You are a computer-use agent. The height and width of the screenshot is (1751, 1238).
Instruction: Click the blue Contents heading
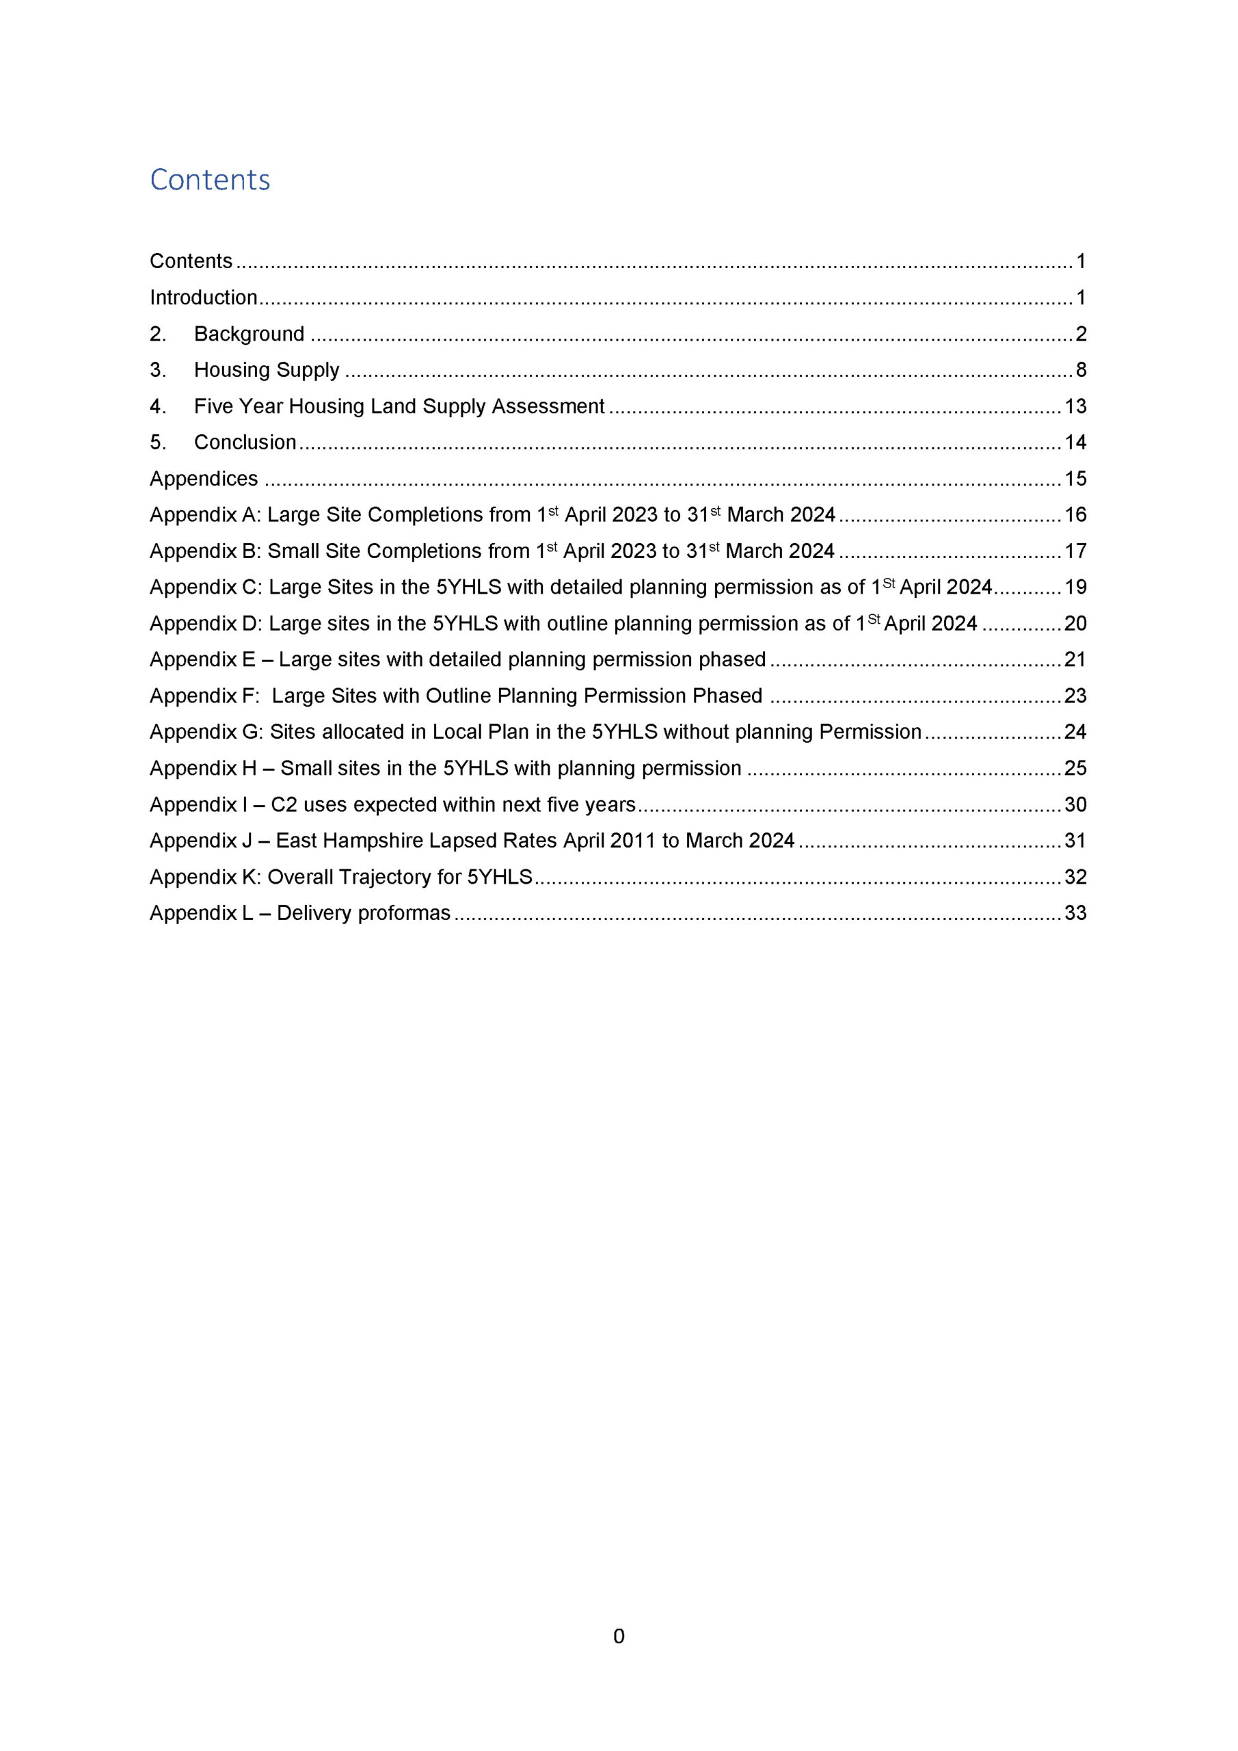coord(210,180)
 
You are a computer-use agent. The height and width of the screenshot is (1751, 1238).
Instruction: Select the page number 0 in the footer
coord(618,1636)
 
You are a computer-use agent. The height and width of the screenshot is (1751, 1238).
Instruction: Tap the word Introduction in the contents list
coord(204,298)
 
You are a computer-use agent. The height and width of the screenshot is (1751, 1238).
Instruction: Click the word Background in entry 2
coord(250,334)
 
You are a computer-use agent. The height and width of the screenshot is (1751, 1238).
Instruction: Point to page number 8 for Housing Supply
coord(1081,370)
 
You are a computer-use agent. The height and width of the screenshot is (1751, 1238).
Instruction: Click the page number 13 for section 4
coord(1075,406)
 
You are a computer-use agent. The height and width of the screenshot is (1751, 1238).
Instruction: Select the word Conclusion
coord(245,443)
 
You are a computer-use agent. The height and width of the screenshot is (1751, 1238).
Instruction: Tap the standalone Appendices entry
coord(204,479)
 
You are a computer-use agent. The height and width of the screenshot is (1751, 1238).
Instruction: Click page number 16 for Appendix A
coord(1075,515)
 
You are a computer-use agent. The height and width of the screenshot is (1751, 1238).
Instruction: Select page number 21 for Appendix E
coord(1075,659)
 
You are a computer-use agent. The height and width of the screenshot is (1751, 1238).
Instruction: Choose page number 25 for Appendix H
coord(1075,768)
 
